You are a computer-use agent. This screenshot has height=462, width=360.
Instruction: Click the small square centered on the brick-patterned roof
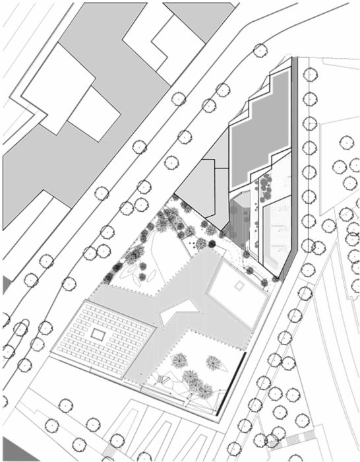coord(97,335)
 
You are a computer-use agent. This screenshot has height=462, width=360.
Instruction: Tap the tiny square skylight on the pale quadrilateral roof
coord(237,286)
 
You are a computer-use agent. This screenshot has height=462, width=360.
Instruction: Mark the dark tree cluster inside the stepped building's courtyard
coord(266,188)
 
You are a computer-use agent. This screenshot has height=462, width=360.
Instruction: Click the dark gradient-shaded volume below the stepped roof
coord(243,218)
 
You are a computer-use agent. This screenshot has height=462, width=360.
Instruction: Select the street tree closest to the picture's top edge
coord(260,49)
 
